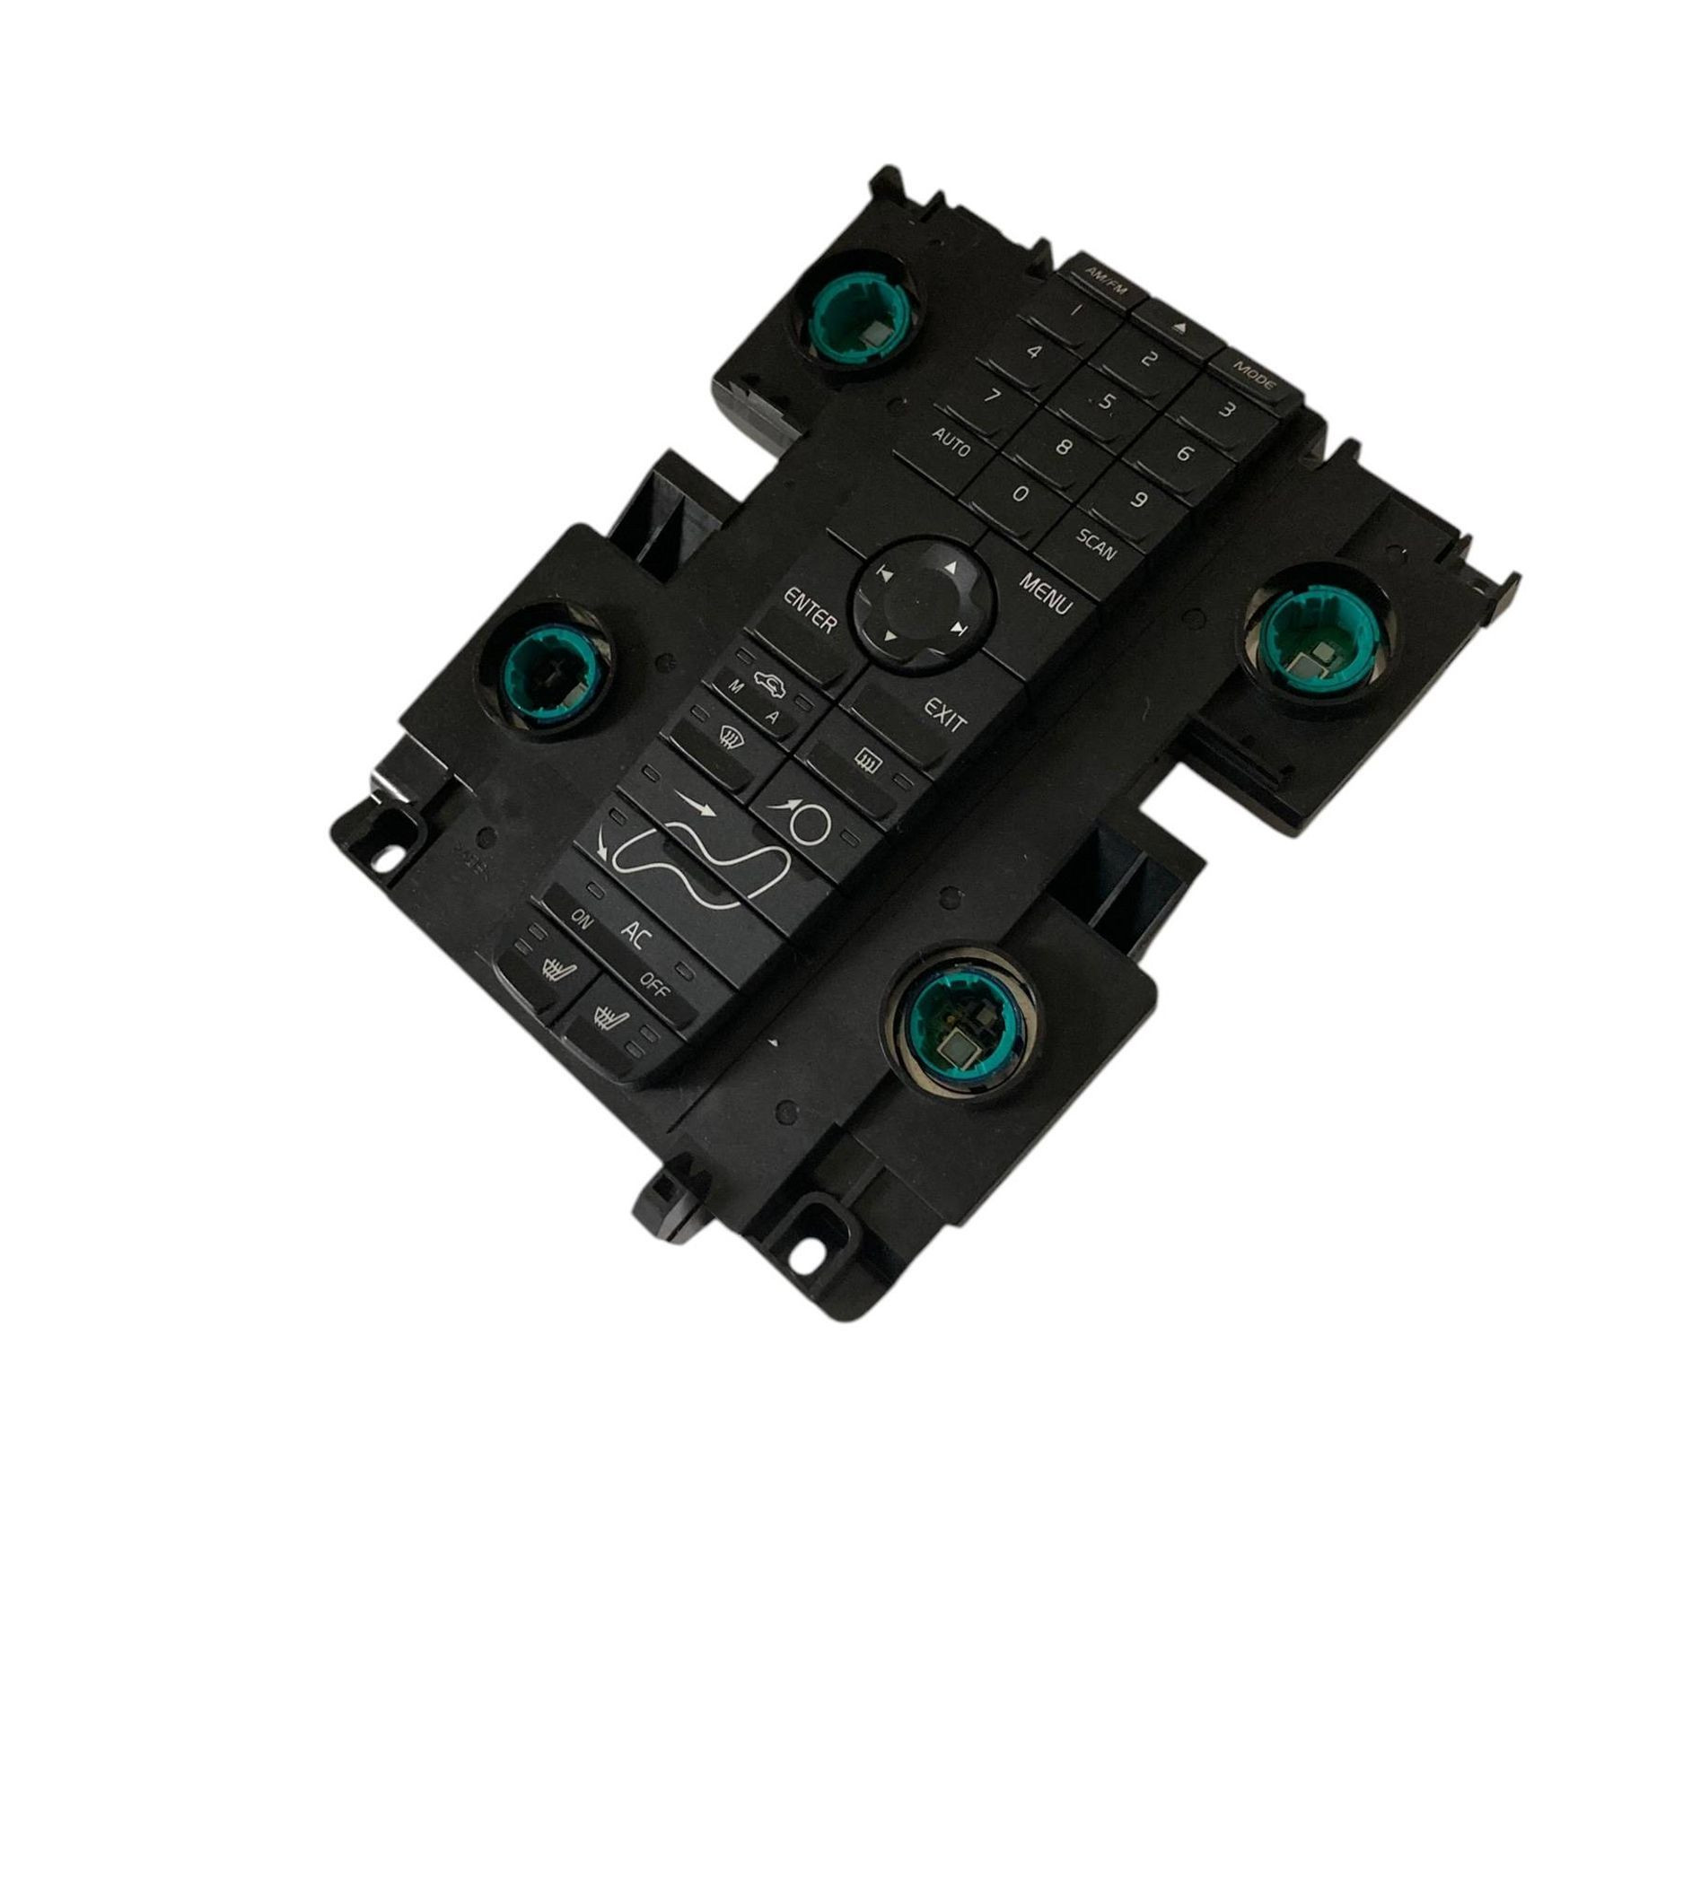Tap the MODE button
[1256, 374]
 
